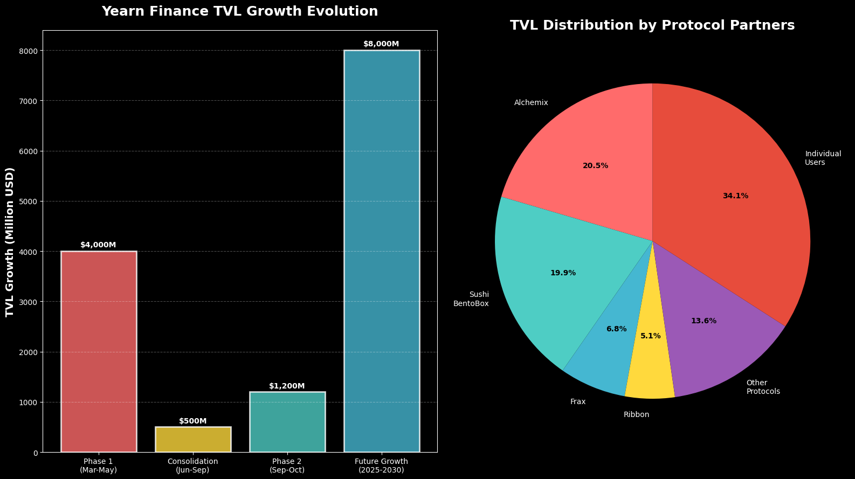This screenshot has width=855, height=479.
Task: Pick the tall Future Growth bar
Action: point(382,251)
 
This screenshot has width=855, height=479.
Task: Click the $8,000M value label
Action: point(381,44)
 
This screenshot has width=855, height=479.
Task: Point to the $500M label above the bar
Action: point(193,421)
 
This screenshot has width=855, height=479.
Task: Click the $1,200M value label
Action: point(287,386)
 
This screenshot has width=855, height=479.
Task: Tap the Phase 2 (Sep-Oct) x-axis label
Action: point(287,466)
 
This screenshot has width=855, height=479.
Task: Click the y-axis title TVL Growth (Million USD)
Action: point(10,241)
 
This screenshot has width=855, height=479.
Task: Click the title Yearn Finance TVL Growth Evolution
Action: point(240,11)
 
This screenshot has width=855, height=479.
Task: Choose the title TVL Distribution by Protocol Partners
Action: point(652,25)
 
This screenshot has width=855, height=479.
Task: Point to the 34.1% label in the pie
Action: point(735,196)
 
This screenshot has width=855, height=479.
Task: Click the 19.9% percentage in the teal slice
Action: point(563,273)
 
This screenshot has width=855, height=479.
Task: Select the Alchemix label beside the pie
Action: point(531,103)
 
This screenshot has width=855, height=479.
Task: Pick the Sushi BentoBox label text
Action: point(472,299)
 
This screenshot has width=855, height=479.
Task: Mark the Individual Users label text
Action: point(823,158)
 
